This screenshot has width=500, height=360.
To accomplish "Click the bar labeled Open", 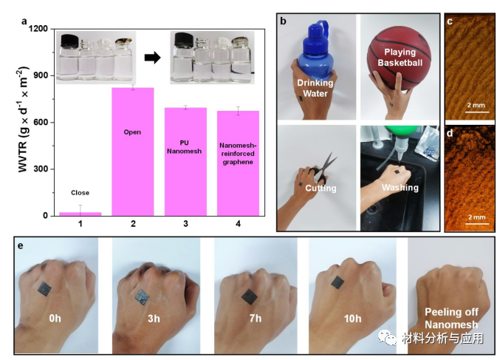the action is coord(133,152).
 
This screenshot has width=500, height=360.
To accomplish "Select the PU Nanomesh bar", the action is coord(185,162).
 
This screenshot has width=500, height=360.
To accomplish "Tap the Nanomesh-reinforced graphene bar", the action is coord(239,163).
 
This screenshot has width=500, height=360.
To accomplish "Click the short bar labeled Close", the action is coord(81,214).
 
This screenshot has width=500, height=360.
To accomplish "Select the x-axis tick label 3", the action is coord(185,224).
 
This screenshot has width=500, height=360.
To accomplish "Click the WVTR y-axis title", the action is coord(23,120).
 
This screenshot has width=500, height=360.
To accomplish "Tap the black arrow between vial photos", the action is coord(152,58).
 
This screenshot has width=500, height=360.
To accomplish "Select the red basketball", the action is coord(399,61).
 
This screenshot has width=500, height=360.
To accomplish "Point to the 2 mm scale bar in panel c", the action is coord(476,112).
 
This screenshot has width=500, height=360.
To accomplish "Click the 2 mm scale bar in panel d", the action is coord(476,224).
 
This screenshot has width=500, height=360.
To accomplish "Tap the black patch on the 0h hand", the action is coord(44,289).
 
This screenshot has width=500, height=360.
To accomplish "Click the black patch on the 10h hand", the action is coord(338,282).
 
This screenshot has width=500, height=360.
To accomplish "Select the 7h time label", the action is coord(255,318).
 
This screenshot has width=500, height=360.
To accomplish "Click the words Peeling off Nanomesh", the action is coord(451,318).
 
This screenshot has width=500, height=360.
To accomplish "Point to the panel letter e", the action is coord(21,246).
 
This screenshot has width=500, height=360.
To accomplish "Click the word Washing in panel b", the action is coord(400,188).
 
